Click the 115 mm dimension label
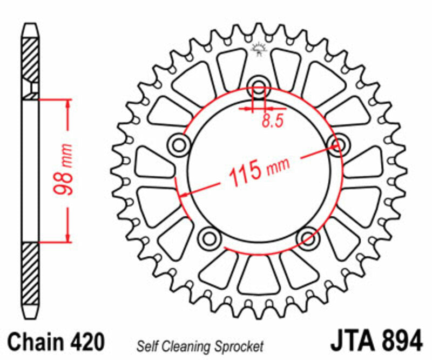[259, 171]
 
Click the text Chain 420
[56, 342]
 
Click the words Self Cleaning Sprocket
[200, 345]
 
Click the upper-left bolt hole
[179, 144]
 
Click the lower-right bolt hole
[308, 237]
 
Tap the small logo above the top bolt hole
[259, 50]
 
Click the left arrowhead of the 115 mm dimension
[184, 194]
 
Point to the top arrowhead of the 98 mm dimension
[67, 103]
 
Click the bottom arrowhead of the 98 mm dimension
[67, 238]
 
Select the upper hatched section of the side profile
[30, 59]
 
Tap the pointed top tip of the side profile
[30, 25]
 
